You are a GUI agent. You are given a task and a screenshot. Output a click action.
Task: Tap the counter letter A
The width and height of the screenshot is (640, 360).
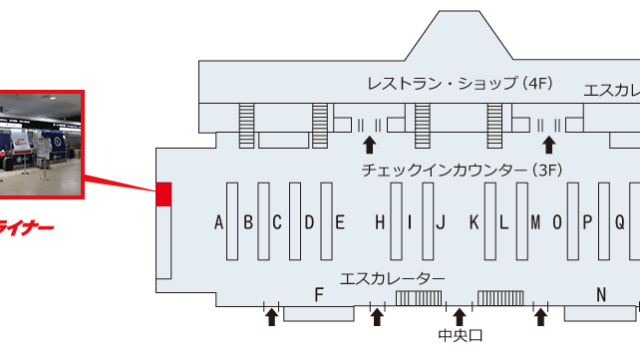(x=219, y=223)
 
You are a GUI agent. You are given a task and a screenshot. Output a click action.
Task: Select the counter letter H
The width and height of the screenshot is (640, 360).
(x=380, y=223)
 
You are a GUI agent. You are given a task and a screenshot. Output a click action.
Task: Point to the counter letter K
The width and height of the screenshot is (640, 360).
(x=475, y=223)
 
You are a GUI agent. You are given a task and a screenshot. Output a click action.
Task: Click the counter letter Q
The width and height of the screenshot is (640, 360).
(x=619, y=223)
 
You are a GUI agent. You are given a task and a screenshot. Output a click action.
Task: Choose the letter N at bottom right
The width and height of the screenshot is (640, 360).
(x=602, y=294)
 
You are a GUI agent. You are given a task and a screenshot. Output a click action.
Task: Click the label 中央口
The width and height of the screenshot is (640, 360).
(x=459, y=336)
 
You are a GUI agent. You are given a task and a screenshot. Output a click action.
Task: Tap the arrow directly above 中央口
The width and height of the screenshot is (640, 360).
(x=459, y=317)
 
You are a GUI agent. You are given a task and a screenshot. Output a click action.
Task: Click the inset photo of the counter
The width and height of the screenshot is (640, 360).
(x=40, y=140)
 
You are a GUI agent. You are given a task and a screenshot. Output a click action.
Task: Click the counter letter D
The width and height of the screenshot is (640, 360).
(x=310, y=223)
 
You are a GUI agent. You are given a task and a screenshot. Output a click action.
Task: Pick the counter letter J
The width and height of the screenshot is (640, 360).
(x=441, y=223)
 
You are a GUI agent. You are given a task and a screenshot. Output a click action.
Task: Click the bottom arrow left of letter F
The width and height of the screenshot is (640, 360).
(x=271, y=317)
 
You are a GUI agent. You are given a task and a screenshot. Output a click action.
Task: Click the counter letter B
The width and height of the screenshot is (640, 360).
(x=248, y=223)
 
